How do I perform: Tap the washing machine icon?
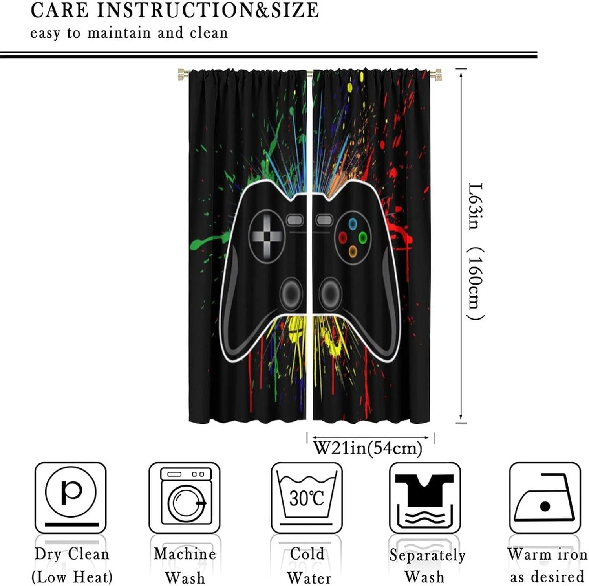185,497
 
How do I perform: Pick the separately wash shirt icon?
425,497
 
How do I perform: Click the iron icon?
545,498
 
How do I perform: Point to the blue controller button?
353,224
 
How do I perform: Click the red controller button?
343,237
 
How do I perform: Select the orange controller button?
353,250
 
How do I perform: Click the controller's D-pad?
267,235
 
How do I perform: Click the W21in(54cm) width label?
368,448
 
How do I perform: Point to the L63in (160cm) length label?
476,251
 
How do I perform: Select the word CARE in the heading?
60,10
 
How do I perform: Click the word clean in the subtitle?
209,33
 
